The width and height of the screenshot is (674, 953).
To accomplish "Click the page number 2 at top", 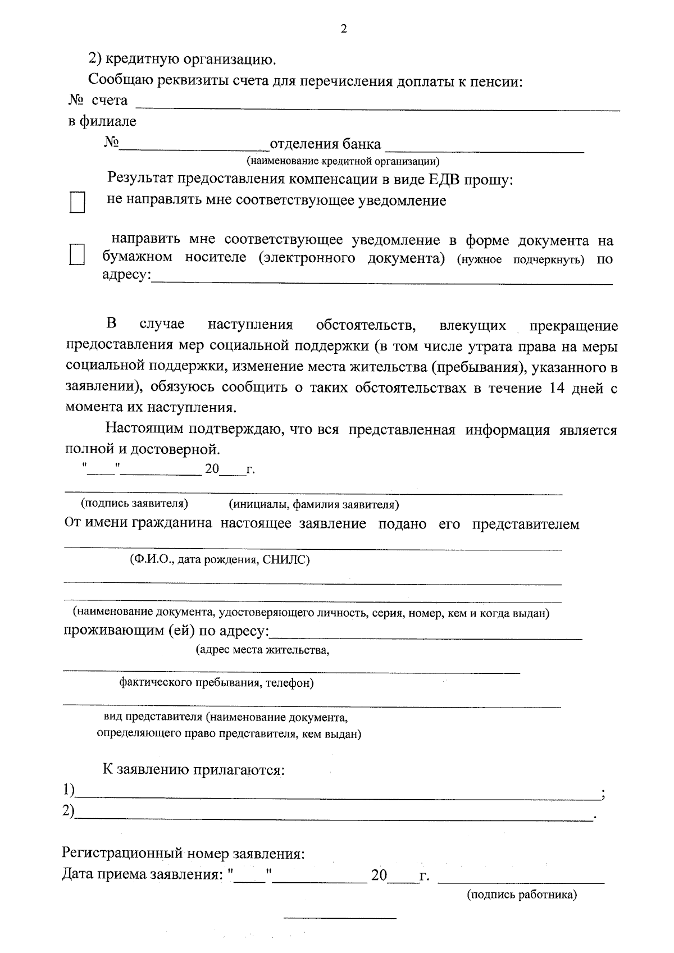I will click(344, 29).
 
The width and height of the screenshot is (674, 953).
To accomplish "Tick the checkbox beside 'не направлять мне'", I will click(77, 202).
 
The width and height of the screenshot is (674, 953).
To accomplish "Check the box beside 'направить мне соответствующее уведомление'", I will click(77, 254).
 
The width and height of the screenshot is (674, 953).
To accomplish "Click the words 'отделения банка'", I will click(325, 144).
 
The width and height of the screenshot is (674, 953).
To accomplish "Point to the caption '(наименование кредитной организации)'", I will click(343, 162).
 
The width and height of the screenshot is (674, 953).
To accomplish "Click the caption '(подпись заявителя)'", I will click(135, 503).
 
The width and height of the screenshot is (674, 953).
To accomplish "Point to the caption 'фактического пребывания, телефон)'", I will click(216, 683).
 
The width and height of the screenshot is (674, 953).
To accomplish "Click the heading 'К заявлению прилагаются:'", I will click(194, 769).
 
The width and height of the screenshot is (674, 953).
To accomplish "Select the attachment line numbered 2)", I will click(334, 815).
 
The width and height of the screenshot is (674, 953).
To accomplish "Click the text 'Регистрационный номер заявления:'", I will click(183, 854).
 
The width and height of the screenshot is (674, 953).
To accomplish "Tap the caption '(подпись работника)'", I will click(522, 895).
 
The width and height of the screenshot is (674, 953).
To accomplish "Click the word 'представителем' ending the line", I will click(525, 524).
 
